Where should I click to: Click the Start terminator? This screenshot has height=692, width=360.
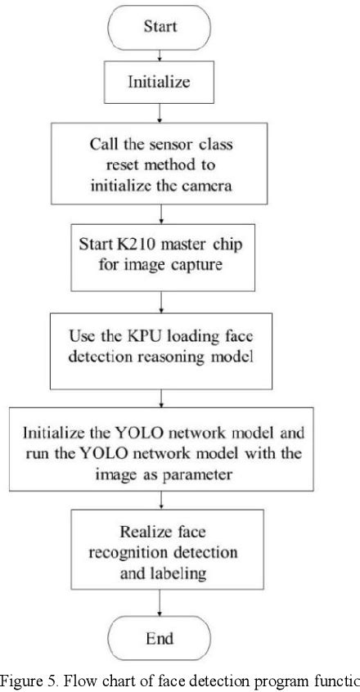(x=160, y=27)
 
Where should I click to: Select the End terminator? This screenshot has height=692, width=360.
(x=160, y=640)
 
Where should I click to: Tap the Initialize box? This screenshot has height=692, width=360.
(x=160, y=81)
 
